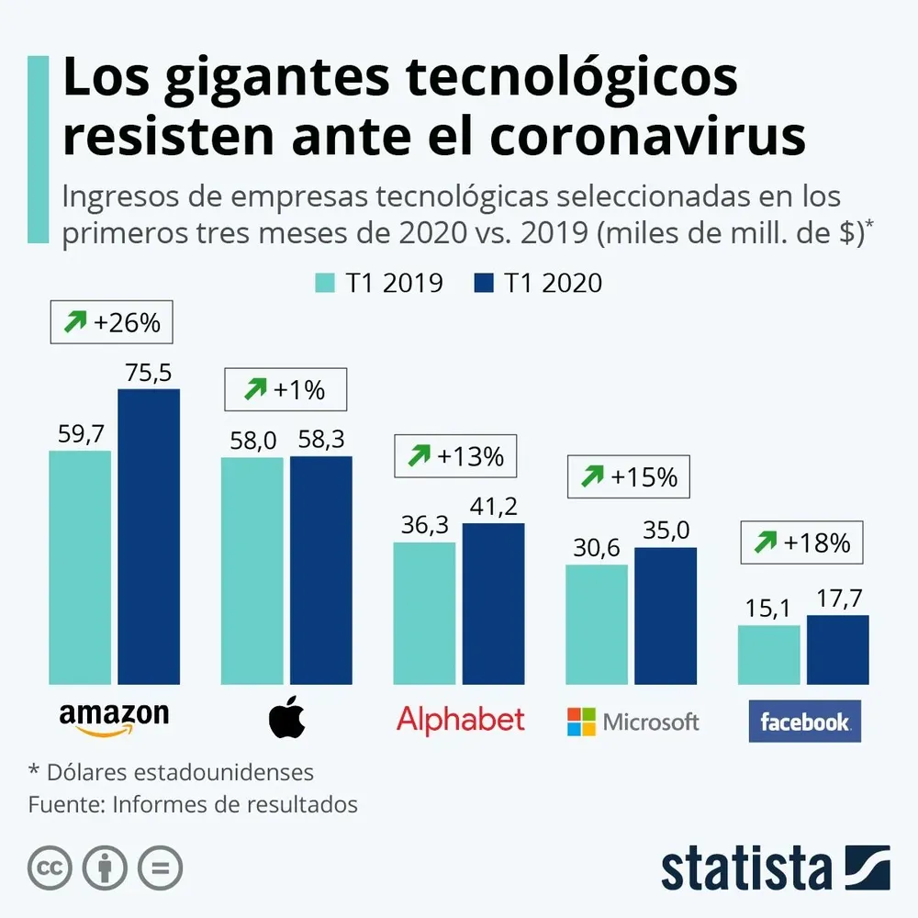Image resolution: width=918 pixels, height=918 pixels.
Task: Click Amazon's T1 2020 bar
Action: coord(149,537)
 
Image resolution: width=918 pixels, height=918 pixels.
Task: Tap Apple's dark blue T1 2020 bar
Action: coord(320,570)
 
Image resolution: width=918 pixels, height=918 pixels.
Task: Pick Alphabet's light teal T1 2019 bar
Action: coord(424,613)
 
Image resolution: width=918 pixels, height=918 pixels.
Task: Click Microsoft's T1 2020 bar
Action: coord(666,616)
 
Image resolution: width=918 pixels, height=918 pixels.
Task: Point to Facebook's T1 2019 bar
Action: coord(768,655)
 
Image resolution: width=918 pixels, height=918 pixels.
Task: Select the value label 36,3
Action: coord(424,526)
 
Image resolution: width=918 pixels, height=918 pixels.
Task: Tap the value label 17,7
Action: coord(837,599)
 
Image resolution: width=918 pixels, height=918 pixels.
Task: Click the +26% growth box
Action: coord(111,322)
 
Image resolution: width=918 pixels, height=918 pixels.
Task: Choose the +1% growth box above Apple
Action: coord(285,389)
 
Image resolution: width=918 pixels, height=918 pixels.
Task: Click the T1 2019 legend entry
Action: coord(379,283)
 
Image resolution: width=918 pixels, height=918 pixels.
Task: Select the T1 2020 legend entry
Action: coord(539,283)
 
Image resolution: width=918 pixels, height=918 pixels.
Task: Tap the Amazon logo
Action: coord(113,718)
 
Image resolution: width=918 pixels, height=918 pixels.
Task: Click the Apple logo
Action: coord(285,719)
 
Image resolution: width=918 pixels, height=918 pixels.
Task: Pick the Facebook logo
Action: coord(804,722)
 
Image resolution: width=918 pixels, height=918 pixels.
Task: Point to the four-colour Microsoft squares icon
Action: coord(581,722)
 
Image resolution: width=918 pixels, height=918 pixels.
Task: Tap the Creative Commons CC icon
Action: coord(50,868)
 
